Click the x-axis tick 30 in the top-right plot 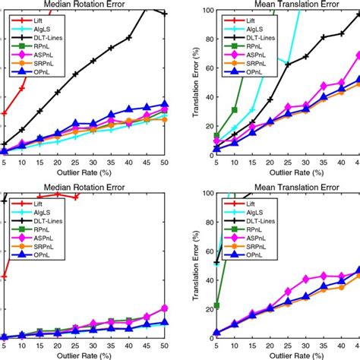(x=306, y=163)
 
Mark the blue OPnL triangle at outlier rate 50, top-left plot (x=164, y=105)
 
